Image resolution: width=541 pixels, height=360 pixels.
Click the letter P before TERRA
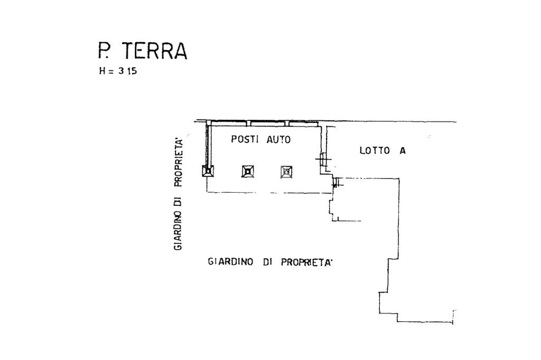click(x=103, y=51)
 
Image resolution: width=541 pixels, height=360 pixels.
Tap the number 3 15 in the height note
click(x=127, y=71)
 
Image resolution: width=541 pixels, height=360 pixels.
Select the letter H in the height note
click(x=102, y=71)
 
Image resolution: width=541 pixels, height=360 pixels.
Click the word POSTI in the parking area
click(x=244, y=139)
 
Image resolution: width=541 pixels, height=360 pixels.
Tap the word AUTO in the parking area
click(x=278, y=139)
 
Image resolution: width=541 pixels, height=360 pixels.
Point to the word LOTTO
click(x=375, y=150)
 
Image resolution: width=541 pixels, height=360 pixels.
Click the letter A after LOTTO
click(x=403, y=150)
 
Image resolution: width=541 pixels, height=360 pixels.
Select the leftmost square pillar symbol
click(x=208, y=170)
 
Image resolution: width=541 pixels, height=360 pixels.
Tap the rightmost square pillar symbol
click(x=286, y=171)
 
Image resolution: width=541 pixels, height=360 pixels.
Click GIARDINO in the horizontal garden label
click(x=230, y=261)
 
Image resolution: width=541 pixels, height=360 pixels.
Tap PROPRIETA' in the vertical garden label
click(x=179, y=163)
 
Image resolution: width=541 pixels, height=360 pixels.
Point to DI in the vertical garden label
click(x=179, y=200)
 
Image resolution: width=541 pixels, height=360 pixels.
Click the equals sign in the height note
click(x=111, y=71)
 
